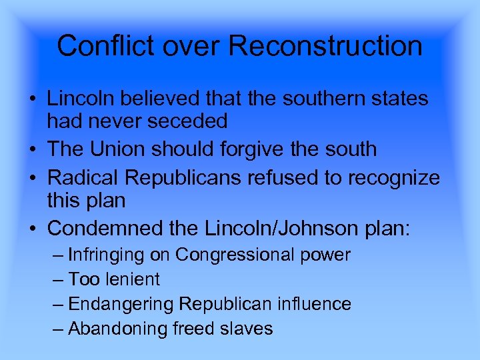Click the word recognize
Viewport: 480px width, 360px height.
coord(386,177)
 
